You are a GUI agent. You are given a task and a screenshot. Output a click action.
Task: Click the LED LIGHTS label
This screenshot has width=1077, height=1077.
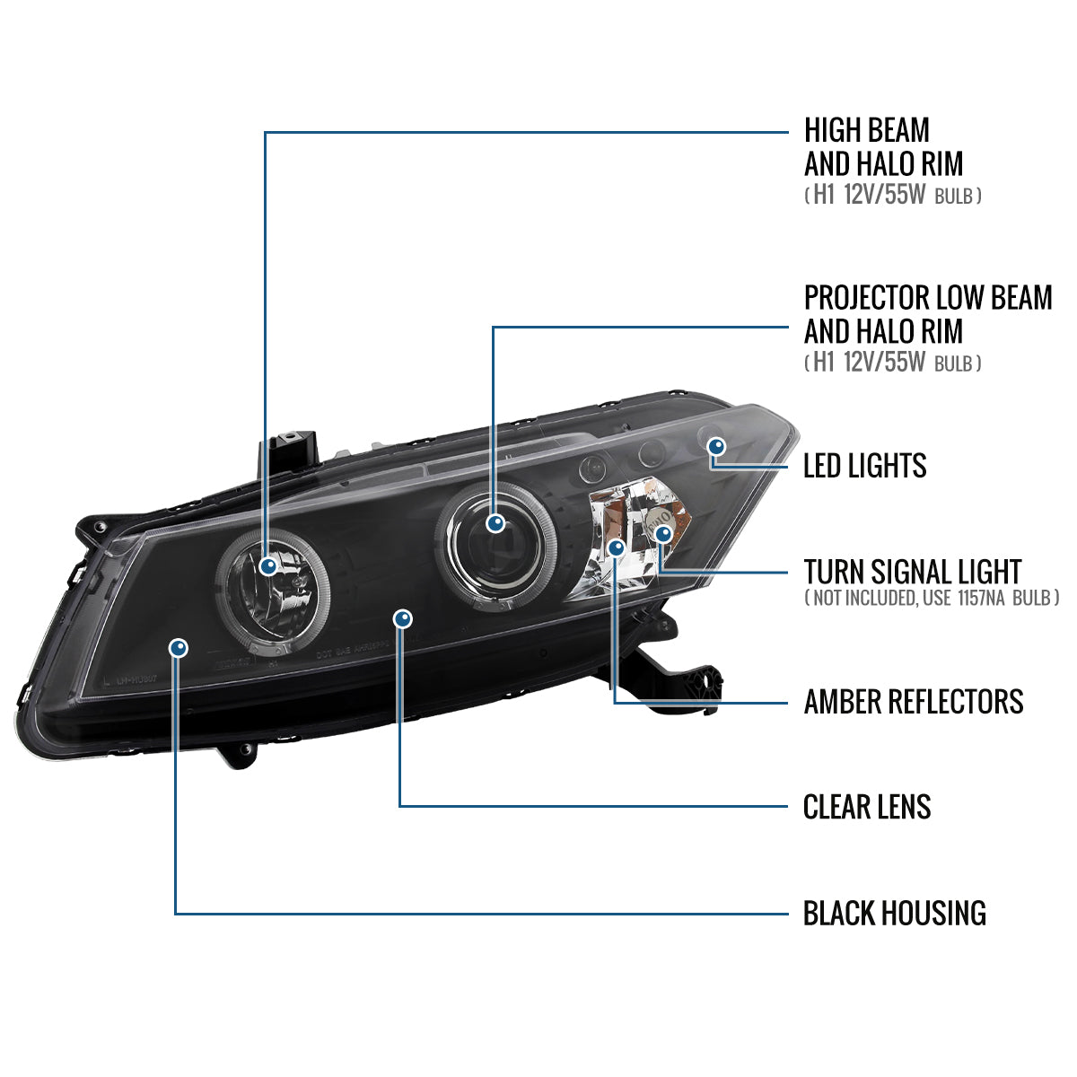coord(864,466)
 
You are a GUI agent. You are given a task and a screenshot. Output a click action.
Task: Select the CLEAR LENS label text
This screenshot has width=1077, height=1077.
coord(866,807)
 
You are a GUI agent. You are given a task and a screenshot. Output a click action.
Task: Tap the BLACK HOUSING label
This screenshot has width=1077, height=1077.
coord(894,914)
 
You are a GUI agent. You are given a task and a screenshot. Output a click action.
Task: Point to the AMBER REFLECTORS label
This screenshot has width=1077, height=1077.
coord(913,702)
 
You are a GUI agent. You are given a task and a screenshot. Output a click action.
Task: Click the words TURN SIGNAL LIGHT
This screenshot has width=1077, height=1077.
coord(912,572)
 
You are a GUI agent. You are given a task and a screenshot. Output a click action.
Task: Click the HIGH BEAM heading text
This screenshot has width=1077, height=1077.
coord(866,131)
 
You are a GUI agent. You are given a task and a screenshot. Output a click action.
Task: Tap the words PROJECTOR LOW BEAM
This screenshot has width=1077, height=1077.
coord(927,298)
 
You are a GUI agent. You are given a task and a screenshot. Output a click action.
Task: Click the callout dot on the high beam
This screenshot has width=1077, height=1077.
coord(267,565)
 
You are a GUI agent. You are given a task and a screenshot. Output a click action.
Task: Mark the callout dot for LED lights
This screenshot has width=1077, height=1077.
coord(716,446)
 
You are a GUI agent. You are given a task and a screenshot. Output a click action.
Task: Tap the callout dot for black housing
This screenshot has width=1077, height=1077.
coord(179,647)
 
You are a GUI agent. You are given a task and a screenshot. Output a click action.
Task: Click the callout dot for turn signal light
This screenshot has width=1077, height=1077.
coord(663,534)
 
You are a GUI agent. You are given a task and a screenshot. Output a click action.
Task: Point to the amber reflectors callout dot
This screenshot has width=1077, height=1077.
coord(616,547)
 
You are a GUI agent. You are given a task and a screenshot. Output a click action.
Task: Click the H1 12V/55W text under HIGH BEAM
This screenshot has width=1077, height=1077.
coord(892,196)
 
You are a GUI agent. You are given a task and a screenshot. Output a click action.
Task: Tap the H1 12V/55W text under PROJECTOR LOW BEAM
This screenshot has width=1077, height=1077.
coord(892,363)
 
